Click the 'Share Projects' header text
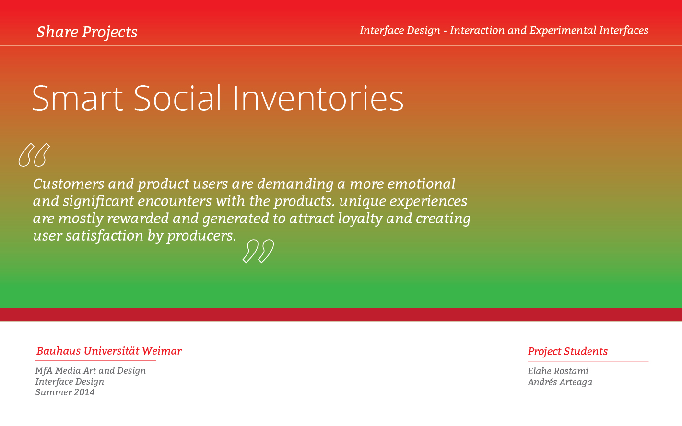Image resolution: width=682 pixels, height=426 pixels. pyautogui.click(x=87, y=32)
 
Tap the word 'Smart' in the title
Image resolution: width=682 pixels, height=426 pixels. pyautogui.click(x=77, y=98)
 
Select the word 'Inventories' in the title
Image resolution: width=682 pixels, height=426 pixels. pyautogui.click(x=318, y=98)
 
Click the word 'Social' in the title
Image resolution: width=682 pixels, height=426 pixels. pyautogui.click(x=177, y=98)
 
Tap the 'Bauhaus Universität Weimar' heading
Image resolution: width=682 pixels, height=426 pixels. pyautogui.click(x=109, y=351)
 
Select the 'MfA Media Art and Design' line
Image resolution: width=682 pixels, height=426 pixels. pyautogui.click(x=91, y=370)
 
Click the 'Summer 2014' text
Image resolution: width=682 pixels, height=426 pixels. pyautogui.click(x=65, y=392)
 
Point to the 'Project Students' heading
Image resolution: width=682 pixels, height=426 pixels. pyautogui.click(x=567, y=351)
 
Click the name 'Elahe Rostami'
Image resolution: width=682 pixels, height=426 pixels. pyautogui.click(x=558, y=371)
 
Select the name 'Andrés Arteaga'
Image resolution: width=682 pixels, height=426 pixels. pyautogui.click(x=560, y=382)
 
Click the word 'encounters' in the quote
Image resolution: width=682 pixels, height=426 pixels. pyautogui.click(x=175, y=201)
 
